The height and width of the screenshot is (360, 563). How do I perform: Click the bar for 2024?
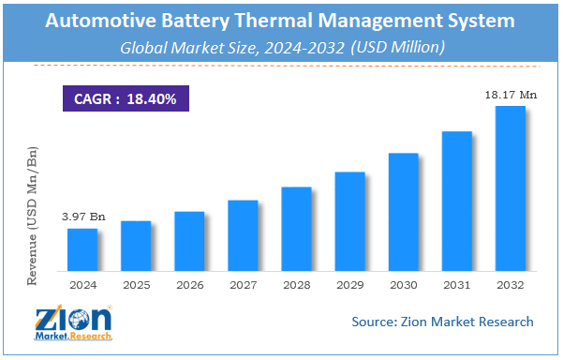pyautogui.click(x=82, y=248)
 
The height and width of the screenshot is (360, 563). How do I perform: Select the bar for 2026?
pyautogui.click(x=189, y=240)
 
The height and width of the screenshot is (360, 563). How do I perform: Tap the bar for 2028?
pyautogui.click(x=296, y=228)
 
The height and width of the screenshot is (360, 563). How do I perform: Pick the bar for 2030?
pyautogui.click(x=403, y=211)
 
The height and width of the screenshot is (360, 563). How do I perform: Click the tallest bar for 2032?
pyautogui.click(x=510, y=187)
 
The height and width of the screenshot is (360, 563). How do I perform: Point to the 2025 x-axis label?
pyautogui.click(x=136, y=283)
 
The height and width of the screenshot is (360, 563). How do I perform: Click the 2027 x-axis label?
pyautogui.click(x=243, y=283)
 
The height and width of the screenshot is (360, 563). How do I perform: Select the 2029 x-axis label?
pyautogui.click(x=349, y=283)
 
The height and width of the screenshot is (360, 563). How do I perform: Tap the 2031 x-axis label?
pyautogui.click(x=456, y=283)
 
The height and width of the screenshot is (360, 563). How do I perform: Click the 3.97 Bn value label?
pyautogui.click(x=84, y=217)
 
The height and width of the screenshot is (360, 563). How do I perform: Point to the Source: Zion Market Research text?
pyautogui.click(x=442, y=322)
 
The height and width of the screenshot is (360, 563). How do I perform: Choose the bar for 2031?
pyautogui.click(x=456, y=200)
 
